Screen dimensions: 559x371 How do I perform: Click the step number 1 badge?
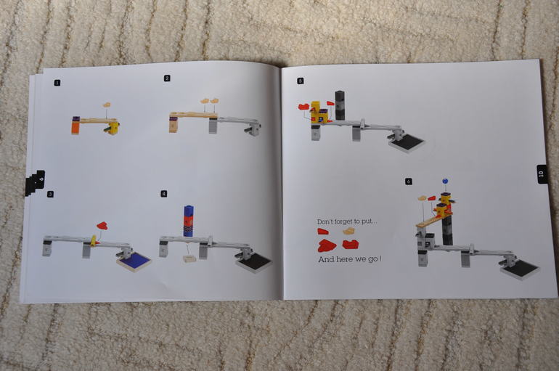(57, 83)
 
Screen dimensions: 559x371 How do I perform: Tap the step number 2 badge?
(167, 78)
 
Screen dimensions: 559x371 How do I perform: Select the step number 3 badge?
(50, 195)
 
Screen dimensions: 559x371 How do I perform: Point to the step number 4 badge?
(163, 194)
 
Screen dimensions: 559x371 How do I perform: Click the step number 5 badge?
(300, 81)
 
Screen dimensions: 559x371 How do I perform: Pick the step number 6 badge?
(409, 181)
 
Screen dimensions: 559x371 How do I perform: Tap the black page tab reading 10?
(541, 174)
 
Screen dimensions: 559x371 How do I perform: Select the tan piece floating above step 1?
(107, 105)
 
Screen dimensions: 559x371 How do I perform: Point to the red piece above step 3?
(102, 225)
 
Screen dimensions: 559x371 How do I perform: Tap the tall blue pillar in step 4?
(188, 221)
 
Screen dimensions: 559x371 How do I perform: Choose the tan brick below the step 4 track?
(189, 258)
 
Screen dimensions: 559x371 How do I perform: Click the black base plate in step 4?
(253, 263)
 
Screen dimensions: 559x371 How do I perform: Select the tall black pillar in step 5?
(340, 105)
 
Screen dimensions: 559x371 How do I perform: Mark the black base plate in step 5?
(407, 142)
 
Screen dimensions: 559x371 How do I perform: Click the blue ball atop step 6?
(445, 181)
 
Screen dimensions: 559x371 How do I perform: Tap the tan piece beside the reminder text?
(348, 232)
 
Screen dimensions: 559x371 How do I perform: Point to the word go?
(373, 259)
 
